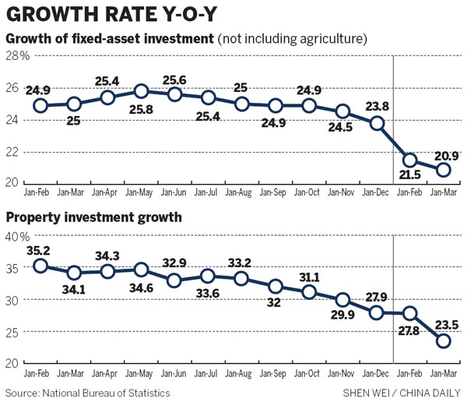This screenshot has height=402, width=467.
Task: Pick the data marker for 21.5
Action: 411,160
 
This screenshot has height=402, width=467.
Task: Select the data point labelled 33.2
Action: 241,278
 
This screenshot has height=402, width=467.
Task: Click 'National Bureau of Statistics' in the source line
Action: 105,392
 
